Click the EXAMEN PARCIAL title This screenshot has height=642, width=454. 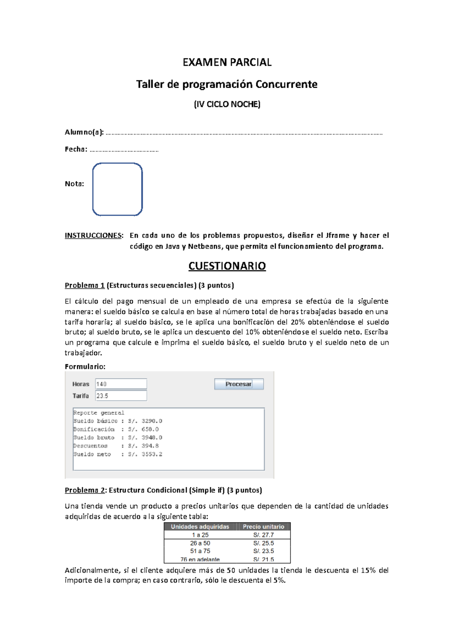point(227,62)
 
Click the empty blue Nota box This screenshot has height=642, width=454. point(117,189)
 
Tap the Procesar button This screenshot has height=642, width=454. point(239,384)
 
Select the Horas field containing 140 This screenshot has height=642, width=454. point(121,384)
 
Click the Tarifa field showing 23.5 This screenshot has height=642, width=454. point(121,396)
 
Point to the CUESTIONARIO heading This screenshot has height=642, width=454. point(227,266)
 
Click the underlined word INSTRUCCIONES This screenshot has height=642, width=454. point(93,236)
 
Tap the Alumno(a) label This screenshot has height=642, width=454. point(84,132)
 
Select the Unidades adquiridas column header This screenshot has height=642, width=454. point(200,527)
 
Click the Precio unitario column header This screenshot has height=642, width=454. point(263,527)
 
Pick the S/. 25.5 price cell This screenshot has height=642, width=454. point(263,543)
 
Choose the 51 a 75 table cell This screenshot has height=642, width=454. point(200,551)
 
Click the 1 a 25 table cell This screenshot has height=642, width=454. point(200,535)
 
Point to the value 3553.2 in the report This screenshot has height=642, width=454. point(152,454)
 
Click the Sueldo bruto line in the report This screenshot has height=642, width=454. point(117,437)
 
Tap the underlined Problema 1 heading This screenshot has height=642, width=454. point(84,285)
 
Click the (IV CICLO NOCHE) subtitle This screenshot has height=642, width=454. point(227,104)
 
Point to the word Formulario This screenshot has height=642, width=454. point(85,366)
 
